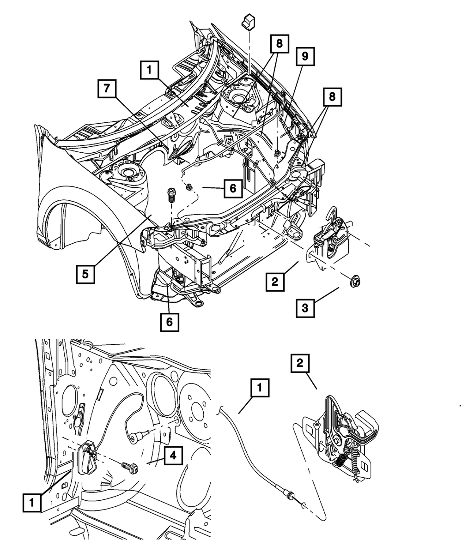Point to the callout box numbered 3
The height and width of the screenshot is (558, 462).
tap(305, 307)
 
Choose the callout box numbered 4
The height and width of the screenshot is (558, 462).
tap(172, 456)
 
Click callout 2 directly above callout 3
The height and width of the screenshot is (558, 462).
tap(275, 281)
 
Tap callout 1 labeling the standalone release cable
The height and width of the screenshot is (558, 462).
tap(260, 389)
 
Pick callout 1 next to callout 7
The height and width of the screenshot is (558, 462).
tap(150, 71)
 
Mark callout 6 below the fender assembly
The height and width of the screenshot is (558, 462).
tap(170, 322)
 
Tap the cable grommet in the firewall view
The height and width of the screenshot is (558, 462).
tap(137, 435)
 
